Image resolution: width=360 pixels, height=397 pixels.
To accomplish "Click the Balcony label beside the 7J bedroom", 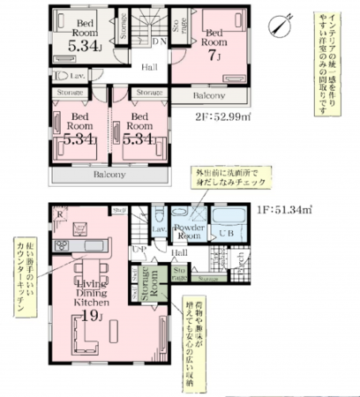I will click(209, 95).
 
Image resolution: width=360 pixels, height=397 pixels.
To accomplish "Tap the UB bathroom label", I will click(229, 234).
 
